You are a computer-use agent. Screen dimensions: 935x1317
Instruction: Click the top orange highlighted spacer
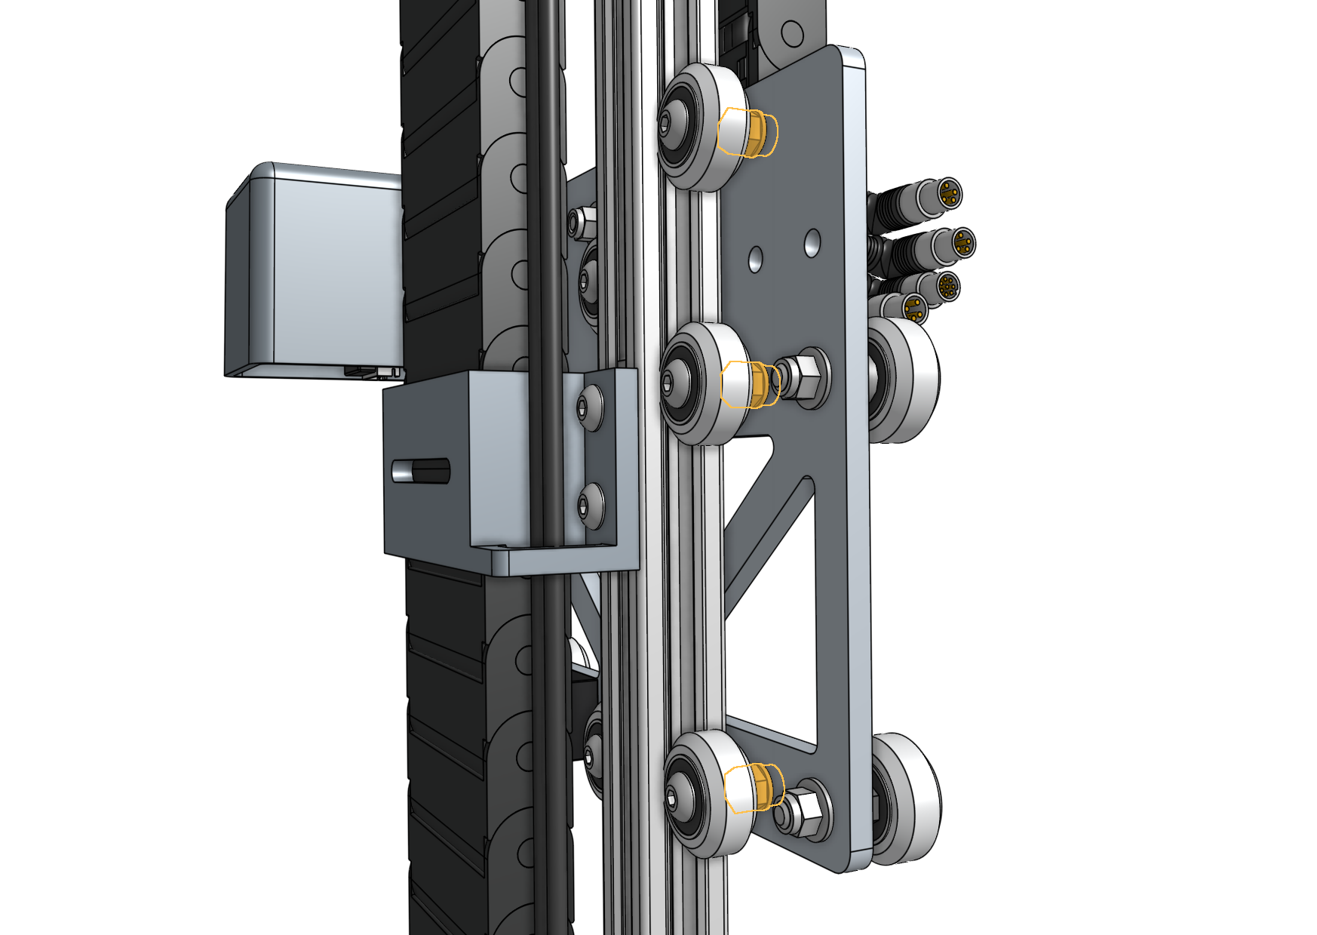[x=748, y=133]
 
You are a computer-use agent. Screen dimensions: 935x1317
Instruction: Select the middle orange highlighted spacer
[x=751, y=384]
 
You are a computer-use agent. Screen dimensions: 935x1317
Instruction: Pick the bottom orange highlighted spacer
[x=754, y=788]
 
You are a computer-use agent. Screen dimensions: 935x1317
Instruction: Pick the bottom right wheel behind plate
[x=909, y=798]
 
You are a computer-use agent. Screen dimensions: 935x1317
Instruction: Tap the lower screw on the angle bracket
[x=591, y=504]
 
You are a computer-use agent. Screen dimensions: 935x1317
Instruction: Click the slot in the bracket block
[x=421, y=471]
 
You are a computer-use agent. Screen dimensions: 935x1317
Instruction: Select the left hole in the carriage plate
[x=755, y=260]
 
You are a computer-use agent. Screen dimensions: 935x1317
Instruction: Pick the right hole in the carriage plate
[x=812, y=243]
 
